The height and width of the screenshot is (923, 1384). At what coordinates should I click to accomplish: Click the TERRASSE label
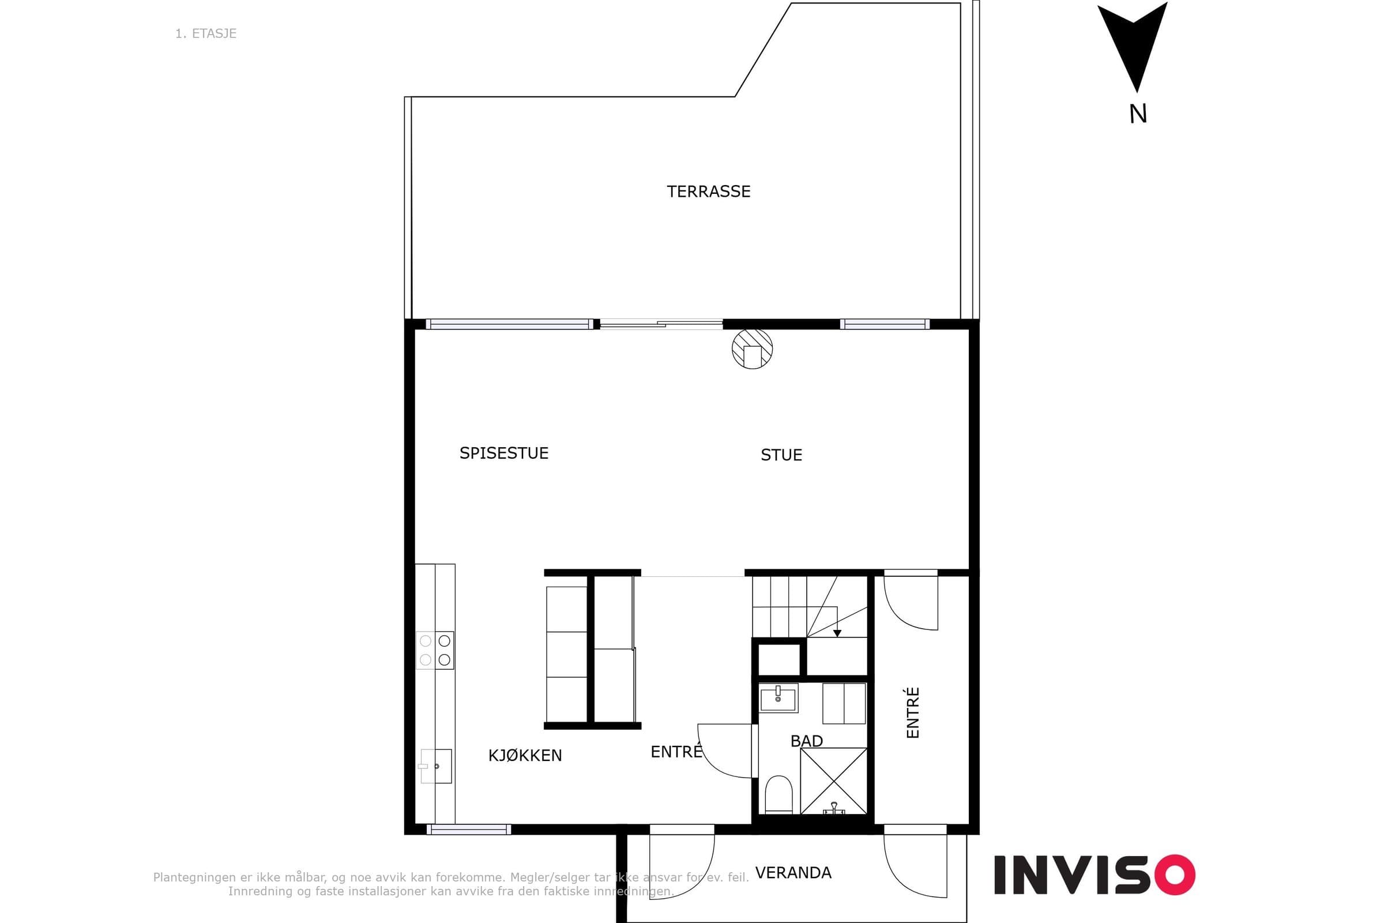click(709, 192)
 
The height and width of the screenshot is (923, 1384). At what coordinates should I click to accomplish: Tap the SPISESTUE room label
click(503, 453)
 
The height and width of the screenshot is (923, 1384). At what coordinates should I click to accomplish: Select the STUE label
click(781, 455)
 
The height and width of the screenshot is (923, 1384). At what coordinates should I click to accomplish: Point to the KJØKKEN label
click(525, 755)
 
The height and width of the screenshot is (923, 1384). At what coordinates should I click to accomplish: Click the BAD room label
click(806, 741)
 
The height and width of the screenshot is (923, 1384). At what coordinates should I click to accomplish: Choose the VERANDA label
click(793, 872)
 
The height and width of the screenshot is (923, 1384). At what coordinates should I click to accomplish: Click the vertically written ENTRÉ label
click(912, 712)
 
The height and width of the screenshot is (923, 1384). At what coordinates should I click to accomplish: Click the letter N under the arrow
click(1138, 114)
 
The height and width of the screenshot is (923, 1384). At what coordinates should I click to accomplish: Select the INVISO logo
click(1095, 875)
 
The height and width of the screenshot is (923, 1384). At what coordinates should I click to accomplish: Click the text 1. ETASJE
click(206, 33)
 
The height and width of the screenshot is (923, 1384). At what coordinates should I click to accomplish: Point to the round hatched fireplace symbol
click(752, 348)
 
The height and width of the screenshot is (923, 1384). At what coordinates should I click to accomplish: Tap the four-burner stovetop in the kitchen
click(435, 650)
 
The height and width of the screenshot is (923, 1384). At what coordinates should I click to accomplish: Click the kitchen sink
click(435, 766)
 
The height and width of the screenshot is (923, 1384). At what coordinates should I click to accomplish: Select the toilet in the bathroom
click(778, 795)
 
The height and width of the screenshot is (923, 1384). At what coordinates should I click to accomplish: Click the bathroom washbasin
click(778, 698)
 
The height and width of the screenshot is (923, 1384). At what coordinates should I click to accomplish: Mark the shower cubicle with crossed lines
click(833, 781)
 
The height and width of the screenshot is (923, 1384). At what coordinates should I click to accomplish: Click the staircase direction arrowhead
click(837, 633)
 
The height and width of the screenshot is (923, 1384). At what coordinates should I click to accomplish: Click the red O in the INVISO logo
click(1175, 875)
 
